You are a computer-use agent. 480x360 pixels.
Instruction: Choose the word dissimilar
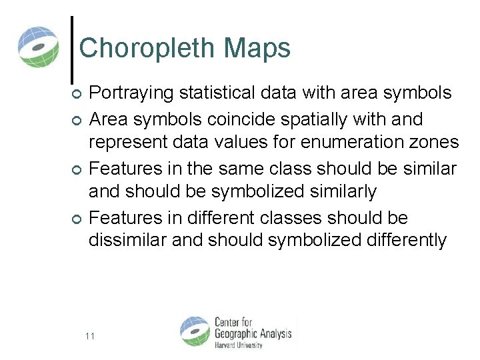click(x=127, y=240)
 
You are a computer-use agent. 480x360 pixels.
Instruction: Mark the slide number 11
click(x=90, y=335)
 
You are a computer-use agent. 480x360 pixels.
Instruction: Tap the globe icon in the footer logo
click(x=195, y=332)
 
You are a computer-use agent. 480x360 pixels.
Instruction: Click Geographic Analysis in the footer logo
click(x=253, y=333)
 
